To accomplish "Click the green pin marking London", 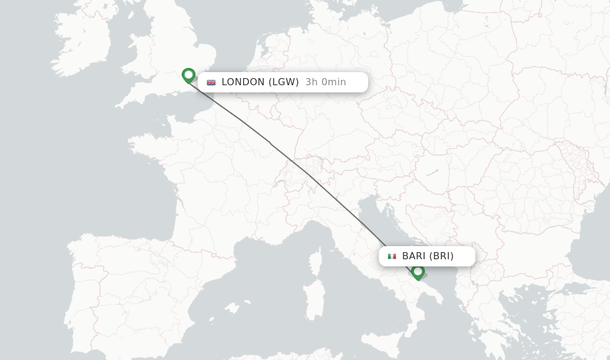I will pyautogui.click(x=188, y=75).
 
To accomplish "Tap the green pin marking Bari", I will pyautogui.click(x=418, y=272).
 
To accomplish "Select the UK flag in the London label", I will pyautogui.click(x=211, y=82).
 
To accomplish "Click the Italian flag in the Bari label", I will pyautogui.click(x=392, y=256).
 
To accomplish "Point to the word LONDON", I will pyautogui.click(x=243, y=82).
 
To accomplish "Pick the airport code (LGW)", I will pyautogui.click(x=284, y=82).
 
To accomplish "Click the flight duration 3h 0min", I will pyautogui.click(x=325, y=82).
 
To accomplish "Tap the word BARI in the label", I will pyautogui.click(x=414, y=256).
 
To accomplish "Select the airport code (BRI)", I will pyautogui.click(x=441, y=256).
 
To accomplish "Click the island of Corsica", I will pyautogui.click(x=316, y=262).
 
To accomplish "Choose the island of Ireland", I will pyautogui.click(x=83, y=42).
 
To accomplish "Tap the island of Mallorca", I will pyautogui.click(x=232, y=308).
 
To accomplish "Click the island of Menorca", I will pyautogui.click(x=247, y=301).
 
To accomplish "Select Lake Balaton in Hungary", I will pyautogui.click(x=432, y=172).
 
